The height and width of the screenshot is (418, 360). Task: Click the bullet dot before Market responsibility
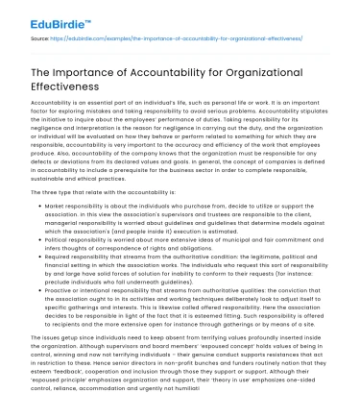tap(37, 208)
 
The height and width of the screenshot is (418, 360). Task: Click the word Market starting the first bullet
tap(55, 208)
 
